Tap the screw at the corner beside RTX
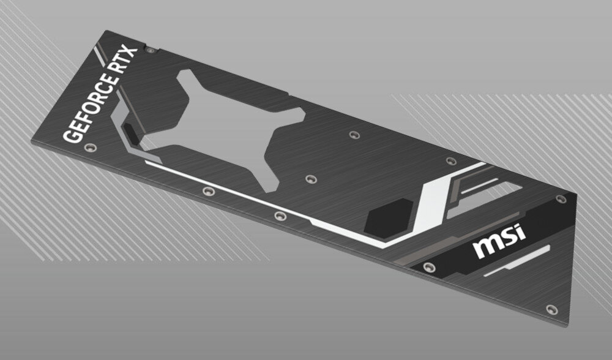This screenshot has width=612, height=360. coord(150,47)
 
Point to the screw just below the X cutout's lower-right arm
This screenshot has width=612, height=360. coord(310,179)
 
